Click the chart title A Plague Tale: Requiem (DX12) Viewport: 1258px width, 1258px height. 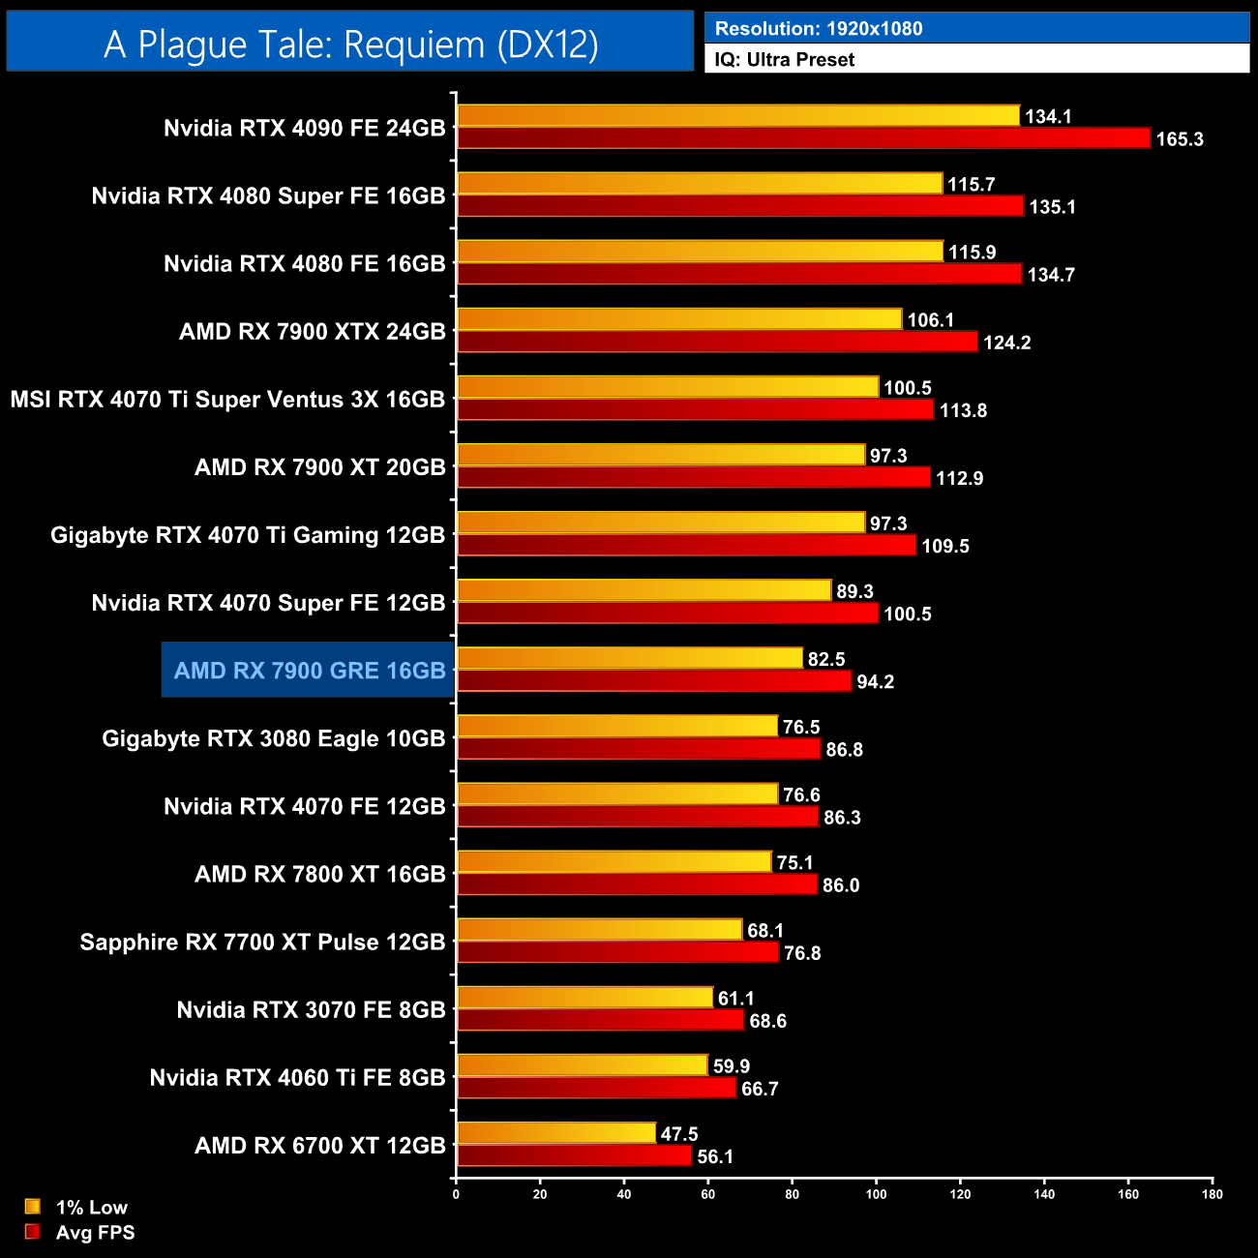pyautogui.click(x=350, y=44)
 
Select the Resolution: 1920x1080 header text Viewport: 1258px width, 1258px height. pyautogui.click(x=819, y=29)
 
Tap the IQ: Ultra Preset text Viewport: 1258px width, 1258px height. pyautogui.click(x=785, y=60)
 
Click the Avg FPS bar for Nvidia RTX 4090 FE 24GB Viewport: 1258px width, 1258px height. pyautogui.click(x=803, y=138)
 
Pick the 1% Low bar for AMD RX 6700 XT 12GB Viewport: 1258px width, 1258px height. pyautogui.click(x=556, y=1133)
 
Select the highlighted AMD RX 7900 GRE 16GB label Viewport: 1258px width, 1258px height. pyautogui.click(x=309, y=671)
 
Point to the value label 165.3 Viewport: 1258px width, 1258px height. pyautogui.click(x=1180, y=139)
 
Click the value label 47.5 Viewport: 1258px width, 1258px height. pyautogui.click(x=679, y=1134)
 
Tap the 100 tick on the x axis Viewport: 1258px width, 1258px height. pyautogui.click(x=876, y=1194)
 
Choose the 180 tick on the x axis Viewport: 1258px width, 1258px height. pyautogui.click(x=1213, y=1194)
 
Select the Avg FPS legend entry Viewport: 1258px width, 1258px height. pyautogui.click(x=80, y=1233)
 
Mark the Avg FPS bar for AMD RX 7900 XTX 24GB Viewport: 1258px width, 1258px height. pyautogui.click(x=717, y=342)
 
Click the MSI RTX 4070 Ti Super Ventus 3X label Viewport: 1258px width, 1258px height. pyautogui.click(x=227, y=400)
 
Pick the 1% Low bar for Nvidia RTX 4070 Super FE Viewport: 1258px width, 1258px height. pyautogui.click(x=644, y=590)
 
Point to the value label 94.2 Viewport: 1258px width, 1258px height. pyautogui.click(x=875, y=682)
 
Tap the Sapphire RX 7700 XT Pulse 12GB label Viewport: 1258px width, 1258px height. pyautogui.click(x=262, y=943)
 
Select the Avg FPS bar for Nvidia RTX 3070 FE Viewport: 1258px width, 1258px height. pyautogui.click(x=600, y=1021)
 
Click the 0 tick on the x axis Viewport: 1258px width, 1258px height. pyautogui.click(x=456, y=1194)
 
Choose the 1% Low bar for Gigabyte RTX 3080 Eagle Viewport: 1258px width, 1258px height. pyautogui.click(x=617, y=726)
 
